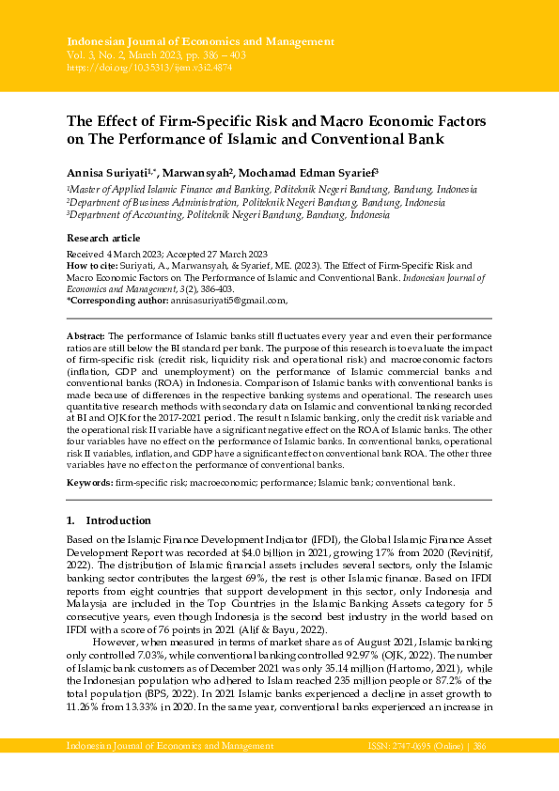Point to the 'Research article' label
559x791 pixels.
[102, 239]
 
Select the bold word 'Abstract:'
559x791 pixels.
[86, 335]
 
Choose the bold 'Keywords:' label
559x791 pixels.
[88, 482]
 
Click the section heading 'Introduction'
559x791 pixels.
[117, 520]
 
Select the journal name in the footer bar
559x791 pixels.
[169, 745]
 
